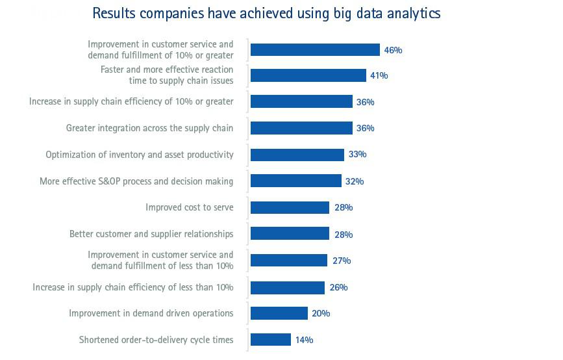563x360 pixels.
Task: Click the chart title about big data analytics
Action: [266, 13]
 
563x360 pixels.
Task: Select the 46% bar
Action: [315, 49]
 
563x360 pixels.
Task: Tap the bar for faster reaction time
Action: [308, 75]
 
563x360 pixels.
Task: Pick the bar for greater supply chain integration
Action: [301, 128]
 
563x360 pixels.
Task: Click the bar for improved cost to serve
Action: [290, 207]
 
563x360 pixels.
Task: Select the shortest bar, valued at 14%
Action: [271, 339]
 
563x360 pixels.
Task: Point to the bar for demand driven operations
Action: [279, 313]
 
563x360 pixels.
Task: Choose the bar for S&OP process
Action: [296, 181]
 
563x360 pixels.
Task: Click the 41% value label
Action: [379, 75]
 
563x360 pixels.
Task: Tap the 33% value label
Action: [357, 155]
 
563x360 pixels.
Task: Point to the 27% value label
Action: [342, 261]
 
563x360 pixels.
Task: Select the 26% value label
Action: [338, 287]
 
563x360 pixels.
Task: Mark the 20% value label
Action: [321, 313]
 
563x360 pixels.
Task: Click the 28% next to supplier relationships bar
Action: [344, 234]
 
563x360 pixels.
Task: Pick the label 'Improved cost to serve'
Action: [190, 207]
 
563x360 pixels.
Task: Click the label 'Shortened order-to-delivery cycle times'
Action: [156, 339]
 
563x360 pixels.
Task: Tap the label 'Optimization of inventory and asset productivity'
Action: [140, 155]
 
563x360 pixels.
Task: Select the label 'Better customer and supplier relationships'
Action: [151, 234]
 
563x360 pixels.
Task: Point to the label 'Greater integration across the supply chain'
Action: [149, 128]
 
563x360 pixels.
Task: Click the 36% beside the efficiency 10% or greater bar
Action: [365, 102]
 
